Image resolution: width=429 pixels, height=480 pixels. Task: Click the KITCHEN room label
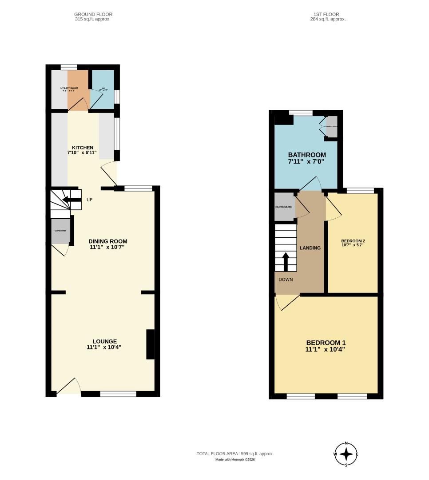[x=83, y=148]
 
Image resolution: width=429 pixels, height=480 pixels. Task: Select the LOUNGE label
[x=105, y=341]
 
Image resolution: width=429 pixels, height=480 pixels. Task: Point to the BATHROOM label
[x=306, y=155]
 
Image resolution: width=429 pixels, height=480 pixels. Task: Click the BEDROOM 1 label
[x=326, y=343]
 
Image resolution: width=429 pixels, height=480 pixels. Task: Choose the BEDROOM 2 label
[x=353, y=240]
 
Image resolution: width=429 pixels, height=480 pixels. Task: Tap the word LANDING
[x=310, y=248]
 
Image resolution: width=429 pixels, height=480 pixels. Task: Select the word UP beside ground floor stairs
[x=89, y=200]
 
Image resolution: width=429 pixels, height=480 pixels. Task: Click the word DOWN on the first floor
[x=286, y=280]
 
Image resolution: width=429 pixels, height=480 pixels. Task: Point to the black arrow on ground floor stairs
[x=71, y=200]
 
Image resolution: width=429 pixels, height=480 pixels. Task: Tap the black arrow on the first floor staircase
[x=286, y=262]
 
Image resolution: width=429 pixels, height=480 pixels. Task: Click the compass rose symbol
[x=346, y=454]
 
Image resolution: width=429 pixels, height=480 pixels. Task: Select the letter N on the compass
[x=346, y=444]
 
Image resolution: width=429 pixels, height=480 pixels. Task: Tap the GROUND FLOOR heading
[x=93, y=14]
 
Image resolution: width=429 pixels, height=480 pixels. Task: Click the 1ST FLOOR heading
[x=328, y=14]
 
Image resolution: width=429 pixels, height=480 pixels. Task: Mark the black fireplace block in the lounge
[x=150, y=344]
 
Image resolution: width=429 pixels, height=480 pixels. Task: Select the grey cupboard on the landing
[x=284, y=207]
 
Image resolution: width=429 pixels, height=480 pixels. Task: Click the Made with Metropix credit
[x=235, y=460]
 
